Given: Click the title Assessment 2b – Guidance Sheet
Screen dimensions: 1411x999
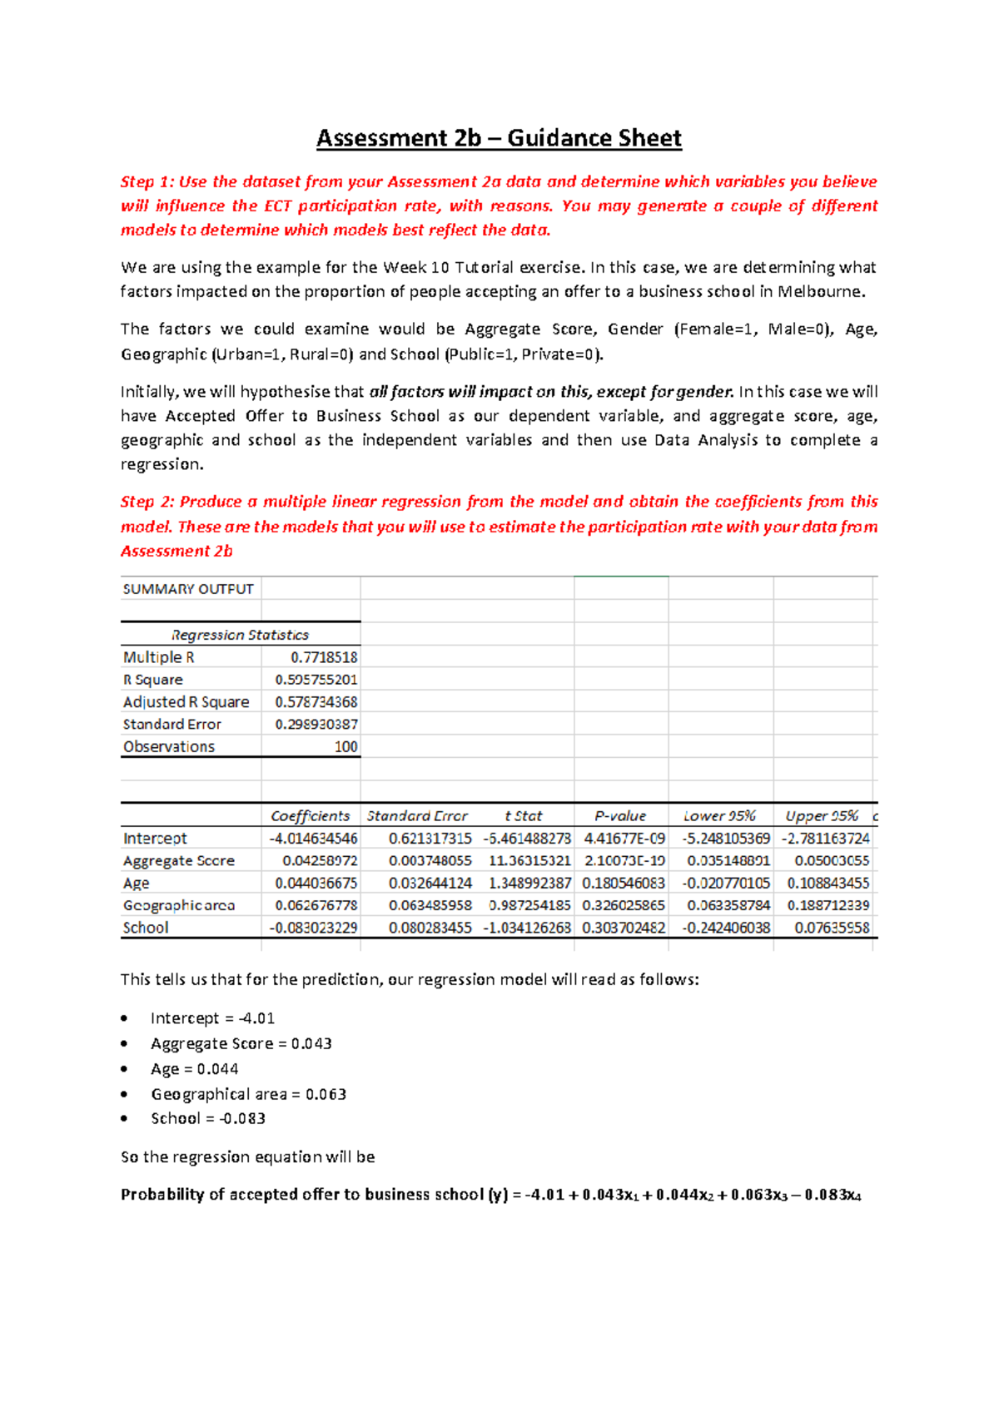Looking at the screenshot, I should click(499, 138).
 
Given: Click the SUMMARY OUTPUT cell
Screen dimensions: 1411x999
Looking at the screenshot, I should click(188, 589).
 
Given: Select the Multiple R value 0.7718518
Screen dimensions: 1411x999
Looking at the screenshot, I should click(324, 657).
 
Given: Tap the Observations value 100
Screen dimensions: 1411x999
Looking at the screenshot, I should click(345, 747).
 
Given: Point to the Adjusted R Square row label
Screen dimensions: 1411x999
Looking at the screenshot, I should click(186, 702).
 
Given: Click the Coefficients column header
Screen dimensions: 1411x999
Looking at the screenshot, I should click(310, 816).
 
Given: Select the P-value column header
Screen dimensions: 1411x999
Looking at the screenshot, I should click(620, 816).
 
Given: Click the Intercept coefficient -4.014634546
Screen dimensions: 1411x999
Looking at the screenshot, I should click(313, 839).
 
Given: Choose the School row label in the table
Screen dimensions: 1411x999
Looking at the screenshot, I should click(146, 928).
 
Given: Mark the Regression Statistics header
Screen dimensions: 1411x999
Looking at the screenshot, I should click(240, 635).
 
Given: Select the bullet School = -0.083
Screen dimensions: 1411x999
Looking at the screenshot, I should click(208, 1119).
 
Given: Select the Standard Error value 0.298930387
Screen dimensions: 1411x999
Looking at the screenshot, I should click(316, 725).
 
